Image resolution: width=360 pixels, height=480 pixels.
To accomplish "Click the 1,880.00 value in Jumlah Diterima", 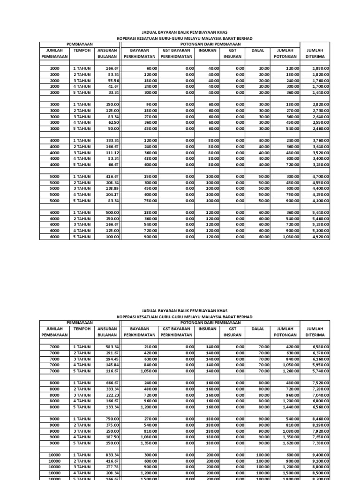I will point(321,68).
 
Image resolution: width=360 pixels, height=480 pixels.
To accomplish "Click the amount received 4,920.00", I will point(321,237).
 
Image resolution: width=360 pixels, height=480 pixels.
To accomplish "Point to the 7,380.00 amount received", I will point(321,443).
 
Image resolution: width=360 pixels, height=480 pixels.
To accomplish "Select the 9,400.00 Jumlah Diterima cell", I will point(321,455).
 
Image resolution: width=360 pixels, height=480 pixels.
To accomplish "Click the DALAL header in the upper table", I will point(257,50).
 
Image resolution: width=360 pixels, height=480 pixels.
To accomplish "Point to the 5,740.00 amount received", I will point(321,370).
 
